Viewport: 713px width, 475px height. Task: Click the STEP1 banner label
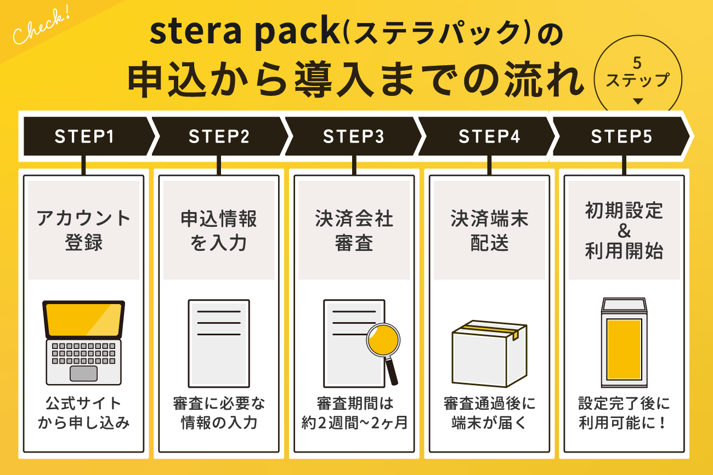point(84,136)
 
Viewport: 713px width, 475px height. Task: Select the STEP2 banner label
point(219,136)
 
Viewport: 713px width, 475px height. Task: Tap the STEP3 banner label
point(353,136)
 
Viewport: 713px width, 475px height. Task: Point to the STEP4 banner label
point(489,136)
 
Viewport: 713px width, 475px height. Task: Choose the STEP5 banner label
point(621,136)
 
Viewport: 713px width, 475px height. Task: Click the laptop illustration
point(84,342)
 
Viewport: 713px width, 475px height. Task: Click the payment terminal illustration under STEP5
point(624,342)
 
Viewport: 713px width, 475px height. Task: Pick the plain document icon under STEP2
point(218,342)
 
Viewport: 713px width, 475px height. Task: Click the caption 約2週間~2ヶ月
point(354,423)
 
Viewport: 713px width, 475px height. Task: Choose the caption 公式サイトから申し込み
point(84,414)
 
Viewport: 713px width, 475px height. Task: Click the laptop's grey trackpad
point(84,373)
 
